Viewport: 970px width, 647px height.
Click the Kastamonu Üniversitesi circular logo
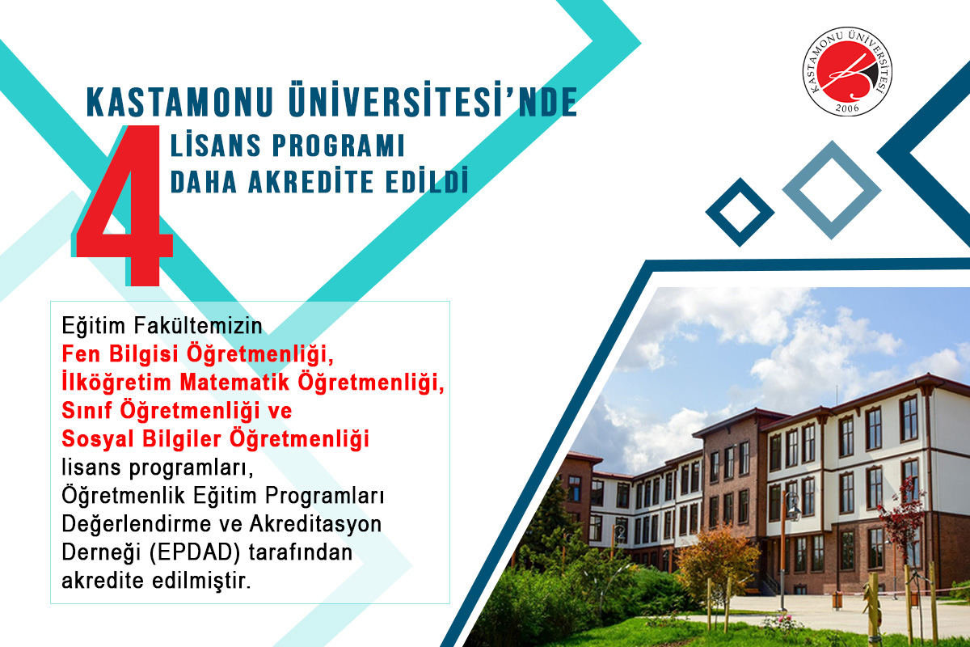(847, 71)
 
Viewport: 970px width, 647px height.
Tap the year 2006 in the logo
(847, 108)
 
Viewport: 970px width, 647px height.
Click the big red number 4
(124, 205)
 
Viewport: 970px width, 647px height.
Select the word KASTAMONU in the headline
(179, 102)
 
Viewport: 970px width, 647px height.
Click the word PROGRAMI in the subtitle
(339, 146)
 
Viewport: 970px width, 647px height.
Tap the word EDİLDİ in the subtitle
(427, 180)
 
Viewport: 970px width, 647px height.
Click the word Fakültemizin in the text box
(198, 325)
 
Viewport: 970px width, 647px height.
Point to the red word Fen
(82, 354)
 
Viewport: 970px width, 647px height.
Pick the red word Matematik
(234, 383)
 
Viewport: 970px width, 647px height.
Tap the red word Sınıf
(87, 410)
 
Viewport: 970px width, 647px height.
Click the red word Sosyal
(98, 439)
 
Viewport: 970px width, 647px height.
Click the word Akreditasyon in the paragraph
(316, 524)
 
